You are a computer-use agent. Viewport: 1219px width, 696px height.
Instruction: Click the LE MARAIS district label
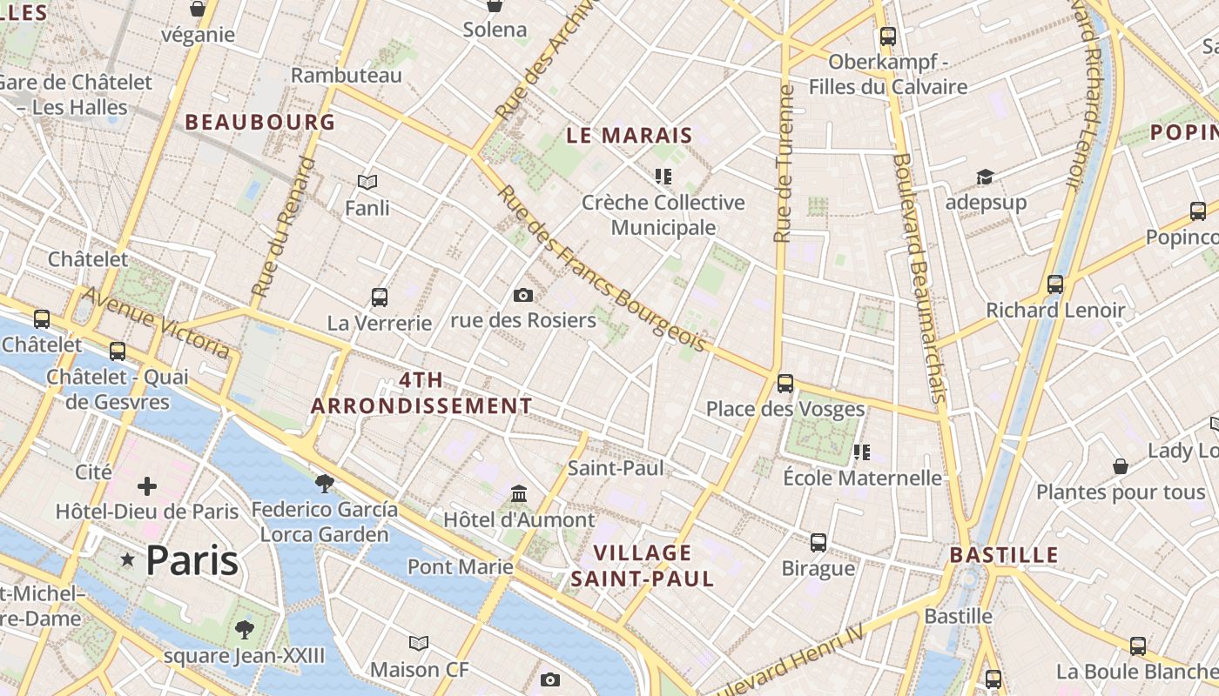coord(629,136)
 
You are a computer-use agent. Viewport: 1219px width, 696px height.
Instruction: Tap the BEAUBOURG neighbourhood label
coord(259,123)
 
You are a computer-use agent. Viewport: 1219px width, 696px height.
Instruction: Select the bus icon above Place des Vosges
coord(785,383)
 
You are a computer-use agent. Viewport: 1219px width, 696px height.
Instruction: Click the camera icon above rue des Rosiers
coord(523,295)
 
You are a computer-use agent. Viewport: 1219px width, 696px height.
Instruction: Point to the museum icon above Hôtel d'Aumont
coord(520,494)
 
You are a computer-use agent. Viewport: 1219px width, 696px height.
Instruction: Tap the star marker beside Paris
coord(128,559)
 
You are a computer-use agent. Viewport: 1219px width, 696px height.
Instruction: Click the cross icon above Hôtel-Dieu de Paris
coord(147,485)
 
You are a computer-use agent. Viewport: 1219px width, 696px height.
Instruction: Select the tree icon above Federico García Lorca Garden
coord(325,483)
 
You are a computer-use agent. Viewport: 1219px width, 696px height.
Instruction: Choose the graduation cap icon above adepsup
coord(985,177)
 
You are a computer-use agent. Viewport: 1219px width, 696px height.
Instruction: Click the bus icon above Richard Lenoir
coord(1055,284)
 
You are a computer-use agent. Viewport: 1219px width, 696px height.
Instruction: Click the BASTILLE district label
coord(1004,555)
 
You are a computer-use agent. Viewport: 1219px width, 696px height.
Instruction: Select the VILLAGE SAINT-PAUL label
coord(643,565)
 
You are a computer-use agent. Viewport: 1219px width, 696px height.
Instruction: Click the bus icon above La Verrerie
coord(380,297)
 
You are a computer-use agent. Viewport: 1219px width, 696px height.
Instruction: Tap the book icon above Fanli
coord(367,182)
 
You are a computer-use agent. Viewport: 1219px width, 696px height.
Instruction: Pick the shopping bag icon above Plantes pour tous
coord(1121,466)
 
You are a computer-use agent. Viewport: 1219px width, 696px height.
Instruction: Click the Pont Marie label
coord(461,567)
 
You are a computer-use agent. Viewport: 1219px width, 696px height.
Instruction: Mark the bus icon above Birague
coord(818,543)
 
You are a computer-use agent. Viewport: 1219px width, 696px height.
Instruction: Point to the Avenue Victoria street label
coord(157,323)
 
